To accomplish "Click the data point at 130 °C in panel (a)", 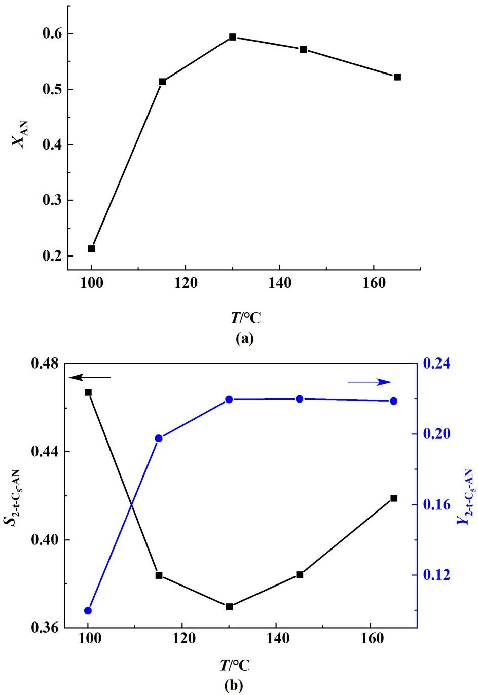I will point(233,37).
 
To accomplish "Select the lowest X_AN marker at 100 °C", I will point(92,249).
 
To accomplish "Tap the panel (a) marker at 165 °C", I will point(397,77).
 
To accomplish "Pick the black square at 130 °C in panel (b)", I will point(229,607).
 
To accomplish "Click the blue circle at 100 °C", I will point(88,611).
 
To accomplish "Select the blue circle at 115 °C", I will point(159,438).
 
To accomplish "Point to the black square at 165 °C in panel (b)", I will point(394,498).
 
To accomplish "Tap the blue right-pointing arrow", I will point(370,382).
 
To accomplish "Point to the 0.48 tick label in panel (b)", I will point(47,364).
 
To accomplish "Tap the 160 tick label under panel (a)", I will point(374,283).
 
